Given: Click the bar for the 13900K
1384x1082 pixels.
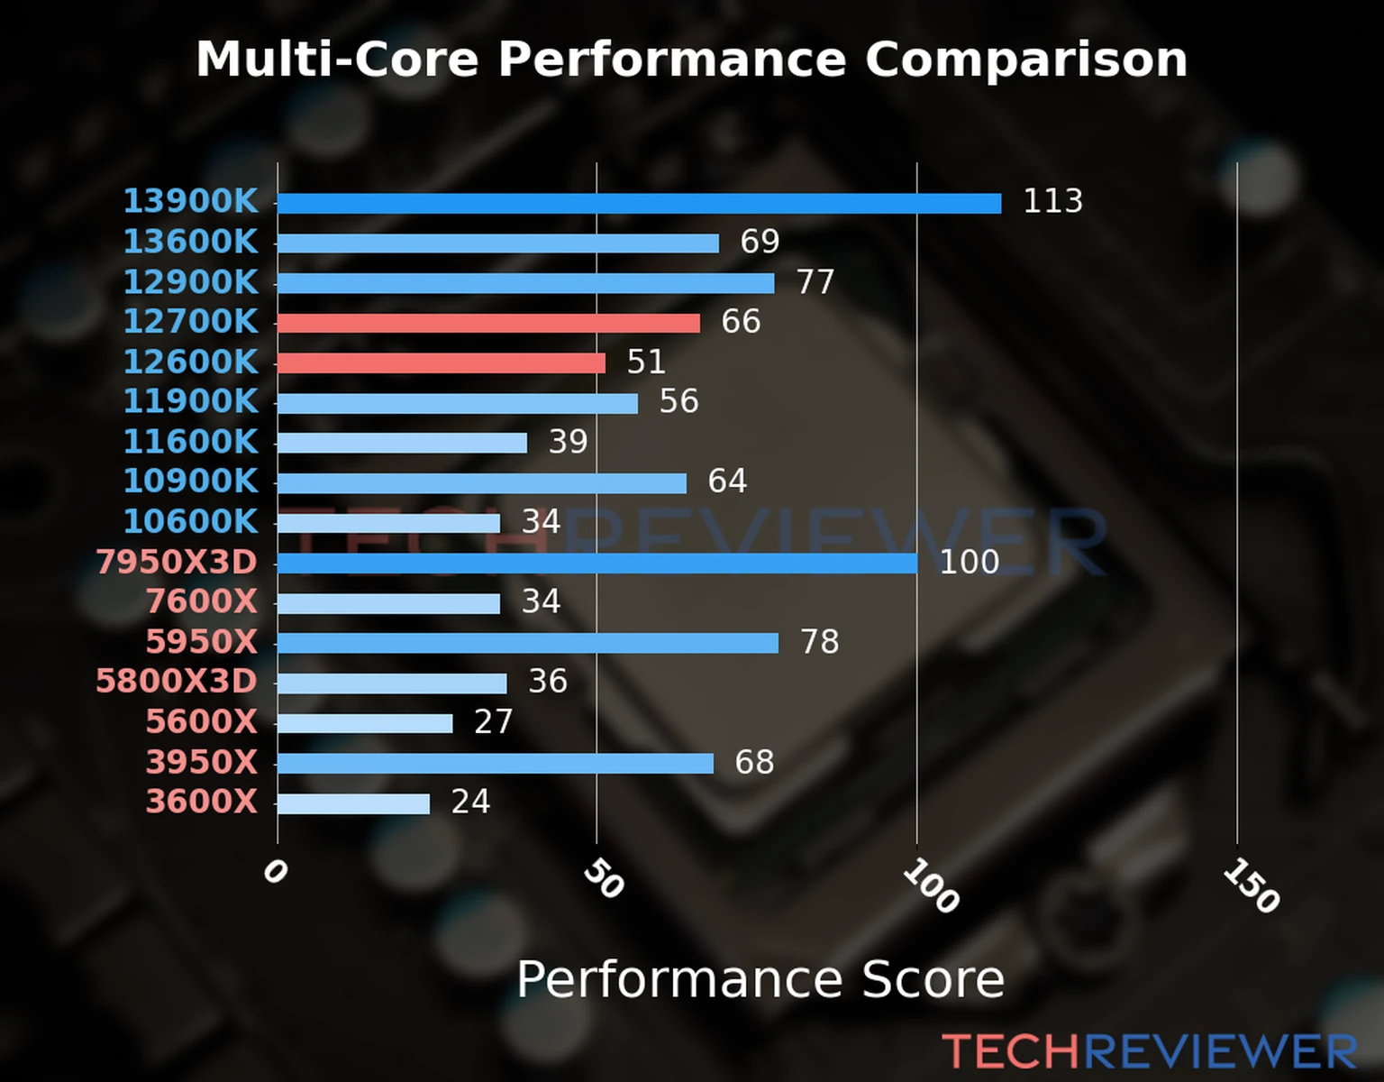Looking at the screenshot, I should pos(639,204).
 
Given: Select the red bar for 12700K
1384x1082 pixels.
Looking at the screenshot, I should pos(488,323).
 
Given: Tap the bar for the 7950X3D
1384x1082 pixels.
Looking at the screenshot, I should pos(596,564).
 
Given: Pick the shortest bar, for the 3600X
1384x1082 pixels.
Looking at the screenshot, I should pos(353,803).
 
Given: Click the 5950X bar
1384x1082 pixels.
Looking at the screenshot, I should pos(527,643).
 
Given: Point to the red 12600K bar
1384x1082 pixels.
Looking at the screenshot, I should pos(441,362).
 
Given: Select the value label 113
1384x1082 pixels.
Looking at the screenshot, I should pos(1052,201).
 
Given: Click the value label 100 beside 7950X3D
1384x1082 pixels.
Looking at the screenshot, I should pos(969,563).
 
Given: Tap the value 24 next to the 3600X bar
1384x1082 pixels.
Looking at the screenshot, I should pos(470,802).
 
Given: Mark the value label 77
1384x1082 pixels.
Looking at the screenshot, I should pos(815,282).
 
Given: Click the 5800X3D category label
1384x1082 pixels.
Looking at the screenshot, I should pos(177,681).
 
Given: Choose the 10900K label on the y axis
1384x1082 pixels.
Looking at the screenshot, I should pos(190,481).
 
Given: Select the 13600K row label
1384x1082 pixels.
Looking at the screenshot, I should pos(190,242).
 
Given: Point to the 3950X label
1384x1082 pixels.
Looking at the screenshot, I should pos(201,762).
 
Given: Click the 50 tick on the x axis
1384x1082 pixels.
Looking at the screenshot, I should pos(603,879).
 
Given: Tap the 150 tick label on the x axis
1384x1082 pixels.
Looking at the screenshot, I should pos(1251,885).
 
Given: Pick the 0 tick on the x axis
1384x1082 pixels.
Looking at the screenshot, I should pos(275,871).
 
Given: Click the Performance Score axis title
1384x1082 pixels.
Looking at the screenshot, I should pos(760,979).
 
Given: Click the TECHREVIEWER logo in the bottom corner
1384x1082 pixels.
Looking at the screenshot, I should pos(1149,1051).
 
